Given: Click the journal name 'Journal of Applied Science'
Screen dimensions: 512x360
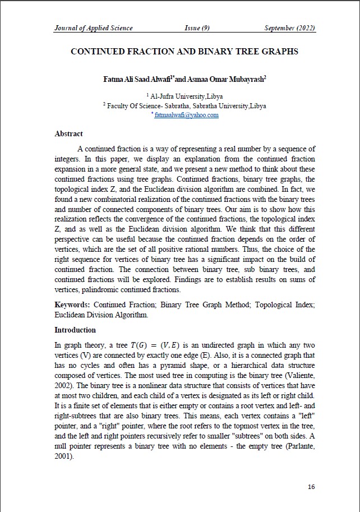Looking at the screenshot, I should tap(94, 28).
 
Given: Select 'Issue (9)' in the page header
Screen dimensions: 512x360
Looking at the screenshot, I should tap(197, 28).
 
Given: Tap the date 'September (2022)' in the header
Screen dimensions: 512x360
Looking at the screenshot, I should tap(289, 28).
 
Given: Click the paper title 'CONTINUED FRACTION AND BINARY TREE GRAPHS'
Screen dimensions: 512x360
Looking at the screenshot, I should tap(184, 52).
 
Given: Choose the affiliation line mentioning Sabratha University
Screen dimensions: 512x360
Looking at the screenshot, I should tap(184, 105).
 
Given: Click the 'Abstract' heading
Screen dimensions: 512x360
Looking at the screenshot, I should tap(68, 134).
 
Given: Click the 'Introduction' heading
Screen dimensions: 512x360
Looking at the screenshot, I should tap(75, 330).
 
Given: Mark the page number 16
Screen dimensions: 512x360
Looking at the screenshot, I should tap(311, 487).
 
